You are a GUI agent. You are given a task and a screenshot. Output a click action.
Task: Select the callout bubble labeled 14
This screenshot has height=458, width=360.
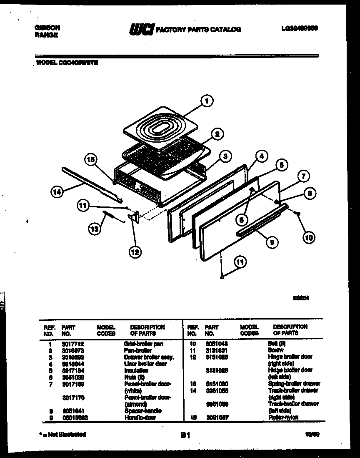point(57,192)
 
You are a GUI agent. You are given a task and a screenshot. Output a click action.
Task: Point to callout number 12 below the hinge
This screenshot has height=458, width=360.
point(135,252)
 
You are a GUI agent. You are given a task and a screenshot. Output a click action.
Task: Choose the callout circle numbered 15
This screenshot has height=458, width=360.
point(91,159)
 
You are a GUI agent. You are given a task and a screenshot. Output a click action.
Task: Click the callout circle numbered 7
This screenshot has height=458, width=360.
point(303,177)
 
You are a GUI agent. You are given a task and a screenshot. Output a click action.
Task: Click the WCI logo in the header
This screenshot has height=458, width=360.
point(141,29)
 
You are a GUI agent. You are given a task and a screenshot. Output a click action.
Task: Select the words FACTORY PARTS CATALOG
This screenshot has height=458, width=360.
point(198,30)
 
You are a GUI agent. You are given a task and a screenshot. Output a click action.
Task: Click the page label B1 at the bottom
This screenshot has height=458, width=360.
point(185,435)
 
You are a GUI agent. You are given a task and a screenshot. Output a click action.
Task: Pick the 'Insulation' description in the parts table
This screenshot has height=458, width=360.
point(136,370)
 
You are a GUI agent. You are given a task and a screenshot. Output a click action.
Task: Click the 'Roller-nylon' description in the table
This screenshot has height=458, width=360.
point(283,418)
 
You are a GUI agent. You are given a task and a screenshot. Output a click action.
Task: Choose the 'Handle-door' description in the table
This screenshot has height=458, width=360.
point(140,418)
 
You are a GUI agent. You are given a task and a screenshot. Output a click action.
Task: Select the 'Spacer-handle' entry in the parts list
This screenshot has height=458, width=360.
point(142,411)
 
